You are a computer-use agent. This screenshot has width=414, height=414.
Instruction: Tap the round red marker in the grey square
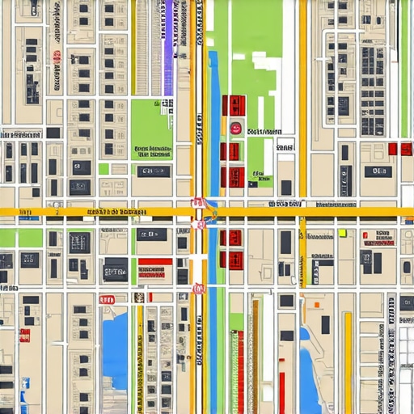point(235,127)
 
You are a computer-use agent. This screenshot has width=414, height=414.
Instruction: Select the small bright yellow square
point(342,233)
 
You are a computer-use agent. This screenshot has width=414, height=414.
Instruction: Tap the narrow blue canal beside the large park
point(214,121)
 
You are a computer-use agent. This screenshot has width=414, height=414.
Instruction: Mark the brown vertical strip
point(256,356)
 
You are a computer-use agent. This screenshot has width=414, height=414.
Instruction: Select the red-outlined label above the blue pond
point(107,299)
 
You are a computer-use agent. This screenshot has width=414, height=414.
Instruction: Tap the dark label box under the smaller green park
point(153,171)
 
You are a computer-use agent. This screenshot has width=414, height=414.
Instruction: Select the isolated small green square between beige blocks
point(103,168)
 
